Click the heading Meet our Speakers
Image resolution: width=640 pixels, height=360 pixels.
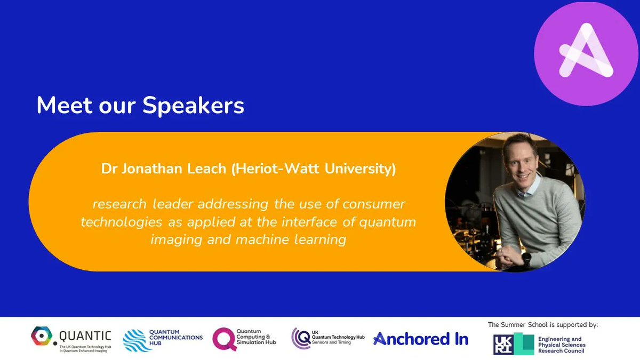click(140, 106)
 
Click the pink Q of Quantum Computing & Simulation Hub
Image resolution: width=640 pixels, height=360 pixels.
click(224, 339)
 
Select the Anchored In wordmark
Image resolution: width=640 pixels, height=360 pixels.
click(421, 339)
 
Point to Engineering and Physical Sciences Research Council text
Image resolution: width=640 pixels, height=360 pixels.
click(561, 345)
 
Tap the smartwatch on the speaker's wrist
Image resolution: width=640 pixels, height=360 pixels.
click(527, 260)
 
